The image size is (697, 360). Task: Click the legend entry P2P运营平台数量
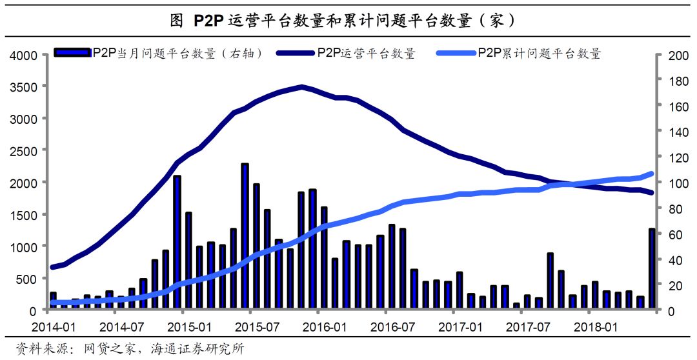[x=366, y=54]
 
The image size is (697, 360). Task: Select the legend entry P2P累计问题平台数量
[x=539, y=54]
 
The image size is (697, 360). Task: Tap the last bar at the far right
[x=652, y=268]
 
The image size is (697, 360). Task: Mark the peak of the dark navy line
[x=302, y=86]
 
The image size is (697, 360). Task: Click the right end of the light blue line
[x=652, y=174]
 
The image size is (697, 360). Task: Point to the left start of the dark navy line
[x=52, y=267]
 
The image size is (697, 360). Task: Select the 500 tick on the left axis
[x=27, y=279]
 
